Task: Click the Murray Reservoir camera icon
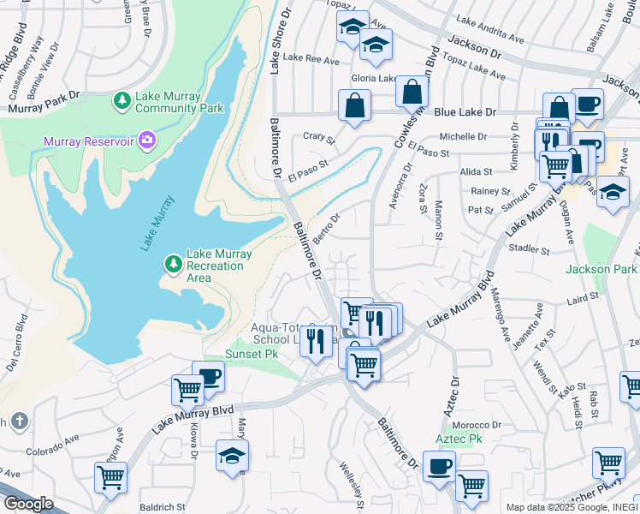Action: (147, 139)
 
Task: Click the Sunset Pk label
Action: (252, 353)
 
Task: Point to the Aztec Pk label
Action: (459, 439)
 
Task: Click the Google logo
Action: (27, 503)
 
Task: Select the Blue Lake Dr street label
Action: (465, 112)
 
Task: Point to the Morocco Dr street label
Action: (477, 425)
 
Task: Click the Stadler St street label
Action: (528, 250)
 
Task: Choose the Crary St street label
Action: (319, 136)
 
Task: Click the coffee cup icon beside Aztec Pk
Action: (439, 467)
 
